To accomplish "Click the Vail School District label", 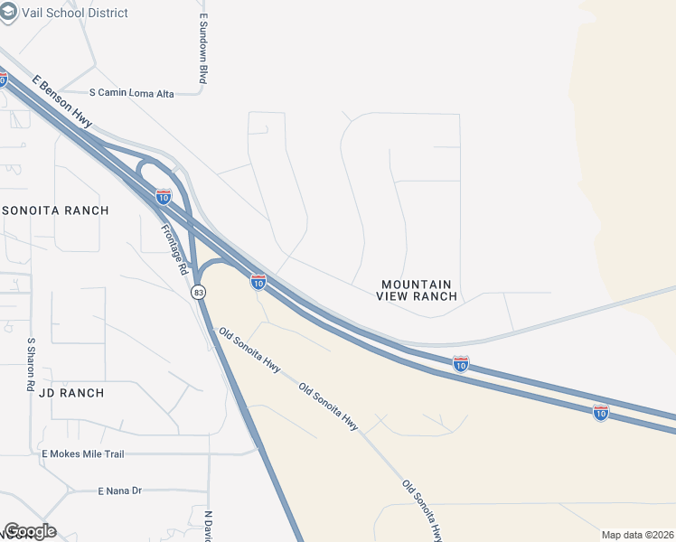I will [x=82, y=13].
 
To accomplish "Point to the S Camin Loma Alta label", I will [x=144, y=92].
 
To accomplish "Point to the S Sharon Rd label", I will [x=30, y=364].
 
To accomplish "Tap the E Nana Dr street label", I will [x=120, y=491].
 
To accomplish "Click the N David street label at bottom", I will [x=207, y=526].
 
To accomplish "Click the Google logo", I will [x=30, y=531].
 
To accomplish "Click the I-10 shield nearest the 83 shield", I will [x=258, y=283].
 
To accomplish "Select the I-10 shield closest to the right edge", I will [x=601, y=413].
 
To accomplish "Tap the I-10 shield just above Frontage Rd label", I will [x=164, y=195].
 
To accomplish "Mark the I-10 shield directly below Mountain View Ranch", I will [x=460, y=364].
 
